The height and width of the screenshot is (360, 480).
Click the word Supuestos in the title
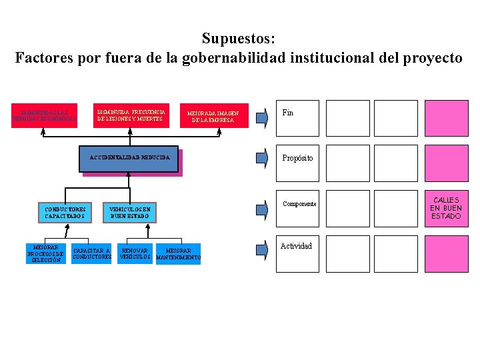237,39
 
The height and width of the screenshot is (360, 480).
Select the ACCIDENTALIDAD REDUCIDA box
130,158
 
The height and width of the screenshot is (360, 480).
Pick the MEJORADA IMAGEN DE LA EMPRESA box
213,117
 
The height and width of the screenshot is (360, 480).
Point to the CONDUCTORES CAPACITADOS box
65,213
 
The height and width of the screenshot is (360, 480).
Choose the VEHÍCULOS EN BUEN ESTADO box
130,213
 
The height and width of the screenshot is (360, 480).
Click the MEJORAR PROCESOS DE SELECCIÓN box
46,253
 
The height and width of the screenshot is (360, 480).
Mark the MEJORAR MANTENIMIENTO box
178,254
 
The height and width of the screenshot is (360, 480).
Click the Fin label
288,113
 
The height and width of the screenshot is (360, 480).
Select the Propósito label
297,158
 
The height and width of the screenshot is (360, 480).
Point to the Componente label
299,203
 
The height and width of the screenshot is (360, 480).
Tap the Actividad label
296,246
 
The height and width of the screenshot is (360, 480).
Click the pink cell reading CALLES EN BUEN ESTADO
447,209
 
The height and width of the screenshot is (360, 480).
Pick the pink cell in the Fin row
447,118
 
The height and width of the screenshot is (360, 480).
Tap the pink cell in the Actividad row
447,254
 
